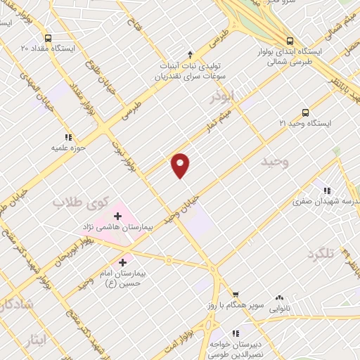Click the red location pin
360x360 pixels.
[x=181, y=165]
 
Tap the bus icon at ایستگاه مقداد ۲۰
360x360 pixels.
[x=47, y=38]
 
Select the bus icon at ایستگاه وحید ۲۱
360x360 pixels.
[x=304, y=112]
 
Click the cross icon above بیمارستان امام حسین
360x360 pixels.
[x=122, y=262]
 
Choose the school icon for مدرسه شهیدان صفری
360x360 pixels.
[x=326, y=190]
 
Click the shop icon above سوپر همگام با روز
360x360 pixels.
[x=236, y=295]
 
